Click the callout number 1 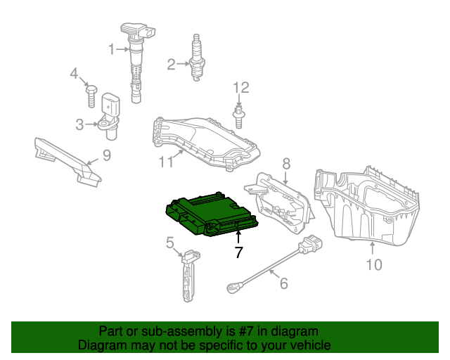111,49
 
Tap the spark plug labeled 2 198,59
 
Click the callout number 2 171,65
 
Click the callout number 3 80,124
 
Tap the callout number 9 106,155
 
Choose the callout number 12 240,88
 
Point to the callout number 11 165,162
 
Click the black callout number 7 238,252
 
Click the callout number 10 373,264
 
